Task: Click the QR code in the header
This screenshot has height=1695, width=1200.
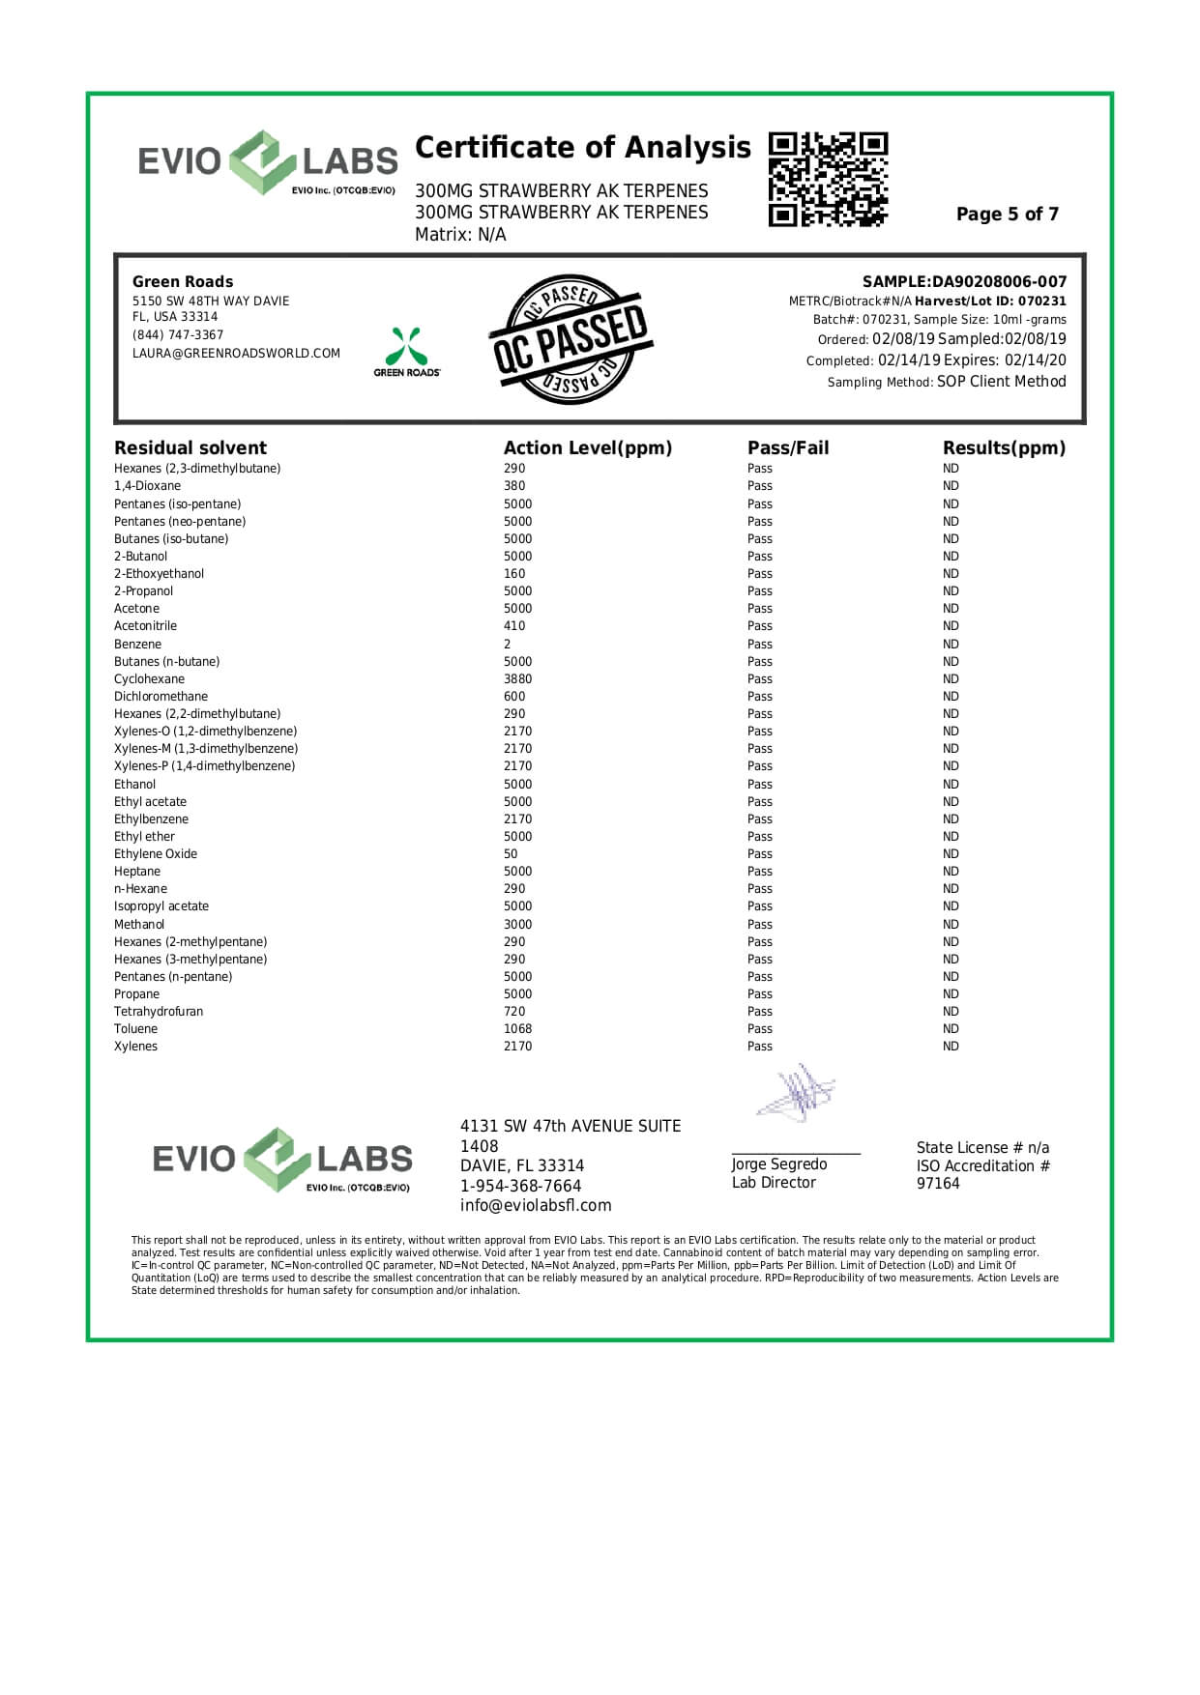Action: [828, 180]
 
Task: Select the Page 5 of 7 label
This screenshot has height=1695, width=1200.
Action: [1007, 215]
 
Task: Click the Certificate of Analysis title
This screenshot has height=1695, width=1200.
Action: [582, 148]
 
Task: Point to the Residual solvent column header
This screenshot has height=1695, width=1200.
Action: [190, 448]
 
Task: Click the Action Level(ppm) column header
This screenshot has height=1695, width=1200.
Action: [587, 448]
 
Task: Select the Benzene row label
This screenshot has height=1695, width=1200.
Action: [137, 645]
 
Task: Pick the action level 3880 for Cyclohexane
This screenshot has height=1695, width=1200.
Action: [517, 679]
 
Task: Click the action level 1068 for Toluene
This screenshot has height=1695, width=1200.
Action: [517, 1029]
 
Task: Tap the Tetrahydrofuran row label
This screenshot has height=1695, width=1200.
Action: [159, 1012]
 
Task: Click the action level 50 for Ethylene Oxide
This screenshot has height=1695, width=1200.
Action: [511, 854]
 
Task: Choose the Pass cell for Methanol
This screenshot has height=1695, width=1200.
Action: [759, 925]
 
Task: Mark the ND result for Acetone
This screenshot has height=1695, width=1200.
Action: [951, 609]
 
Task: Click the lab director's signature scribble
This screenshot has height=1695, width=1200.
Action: [795, 1094]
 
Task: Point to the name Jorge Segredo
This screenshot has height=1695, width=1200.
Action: [778, 1164]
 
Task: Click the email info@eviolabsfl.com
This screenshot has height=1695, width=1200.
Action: [536, 1206]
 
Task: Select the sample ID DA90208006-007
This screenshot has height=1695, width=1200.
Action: [999, 282]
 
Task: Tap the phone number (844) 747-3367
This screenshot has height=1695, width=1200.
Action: [178, 335]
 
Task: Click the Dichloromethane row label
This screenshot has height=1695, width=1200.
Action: [161, 697]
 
